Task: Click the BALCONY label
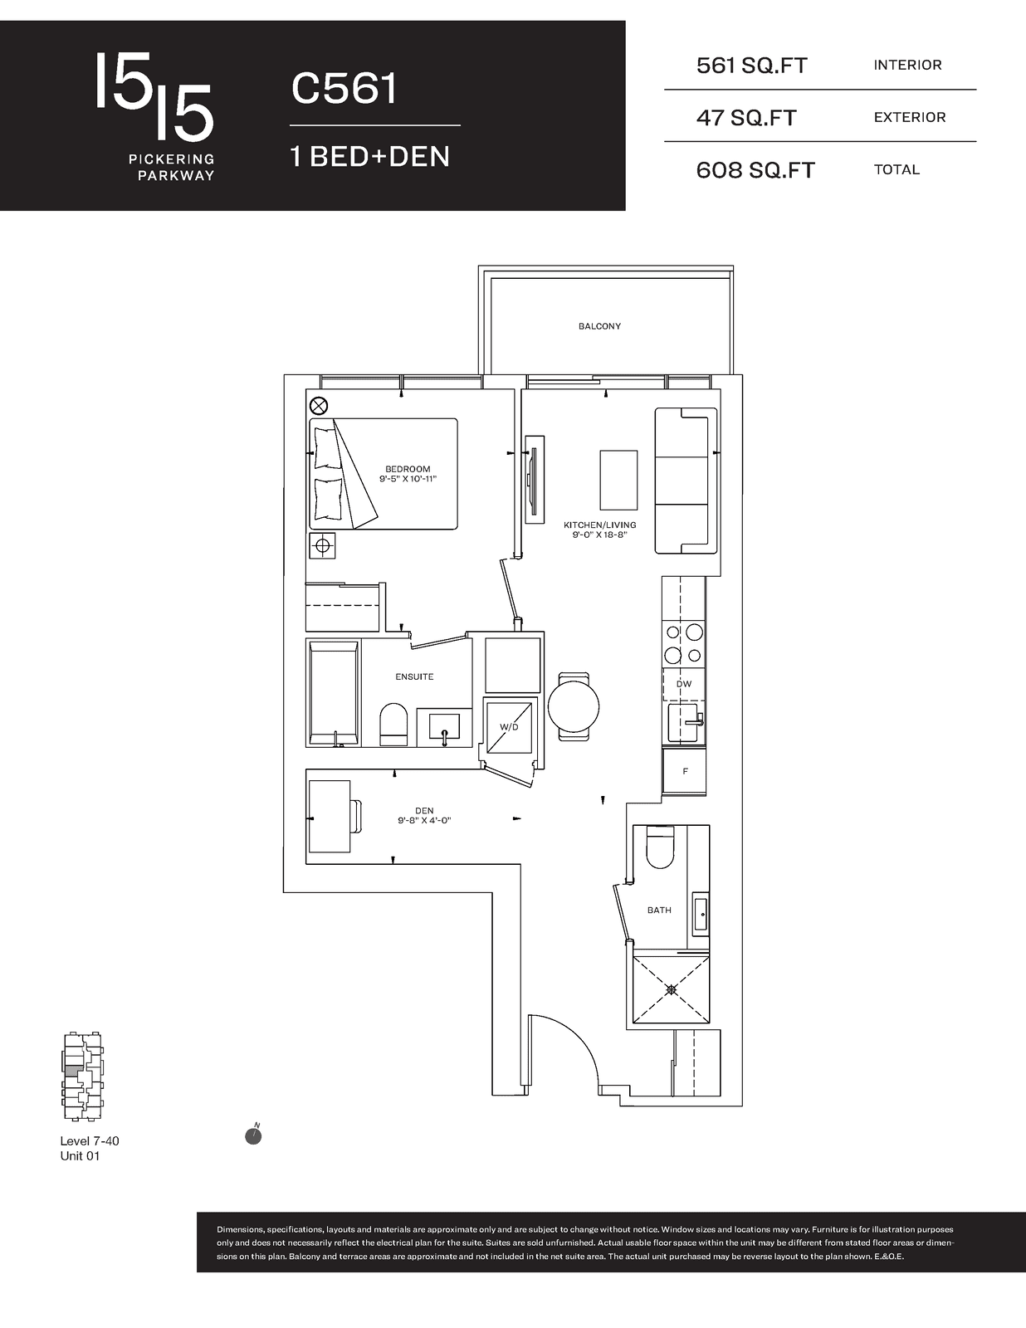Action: tap(599, 326)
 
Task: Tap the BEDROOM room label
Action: tap(408, 469)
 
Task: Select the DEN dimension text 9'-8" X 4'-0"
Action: tap(424, 821)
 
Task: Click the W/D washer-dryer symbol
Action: tap(508, 727)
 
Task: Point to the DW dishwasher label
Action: tap(684, 684)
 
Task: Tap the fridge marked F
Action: tap(684, 771)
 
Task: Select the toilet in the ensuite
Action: tap(393, 725)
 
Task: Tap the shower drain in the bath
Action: tap(672, 989)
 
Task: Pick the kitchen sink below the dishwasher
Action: tap(685, 723)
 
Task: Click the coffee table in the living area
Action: tap(618, 480)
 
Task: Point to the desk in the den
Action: tap(330, 817)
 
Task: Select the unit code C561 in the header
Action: tap(344, 90)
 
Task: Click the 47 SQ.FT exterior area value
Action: tap(746, 117)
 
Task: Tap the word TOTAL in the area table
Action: tap(897, 170)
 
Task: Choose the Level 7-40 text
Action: tap(90, 1141)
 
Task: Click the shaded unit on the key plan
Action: tap(71, 1071)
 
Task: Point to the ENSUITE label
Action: tap(414, 676)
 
